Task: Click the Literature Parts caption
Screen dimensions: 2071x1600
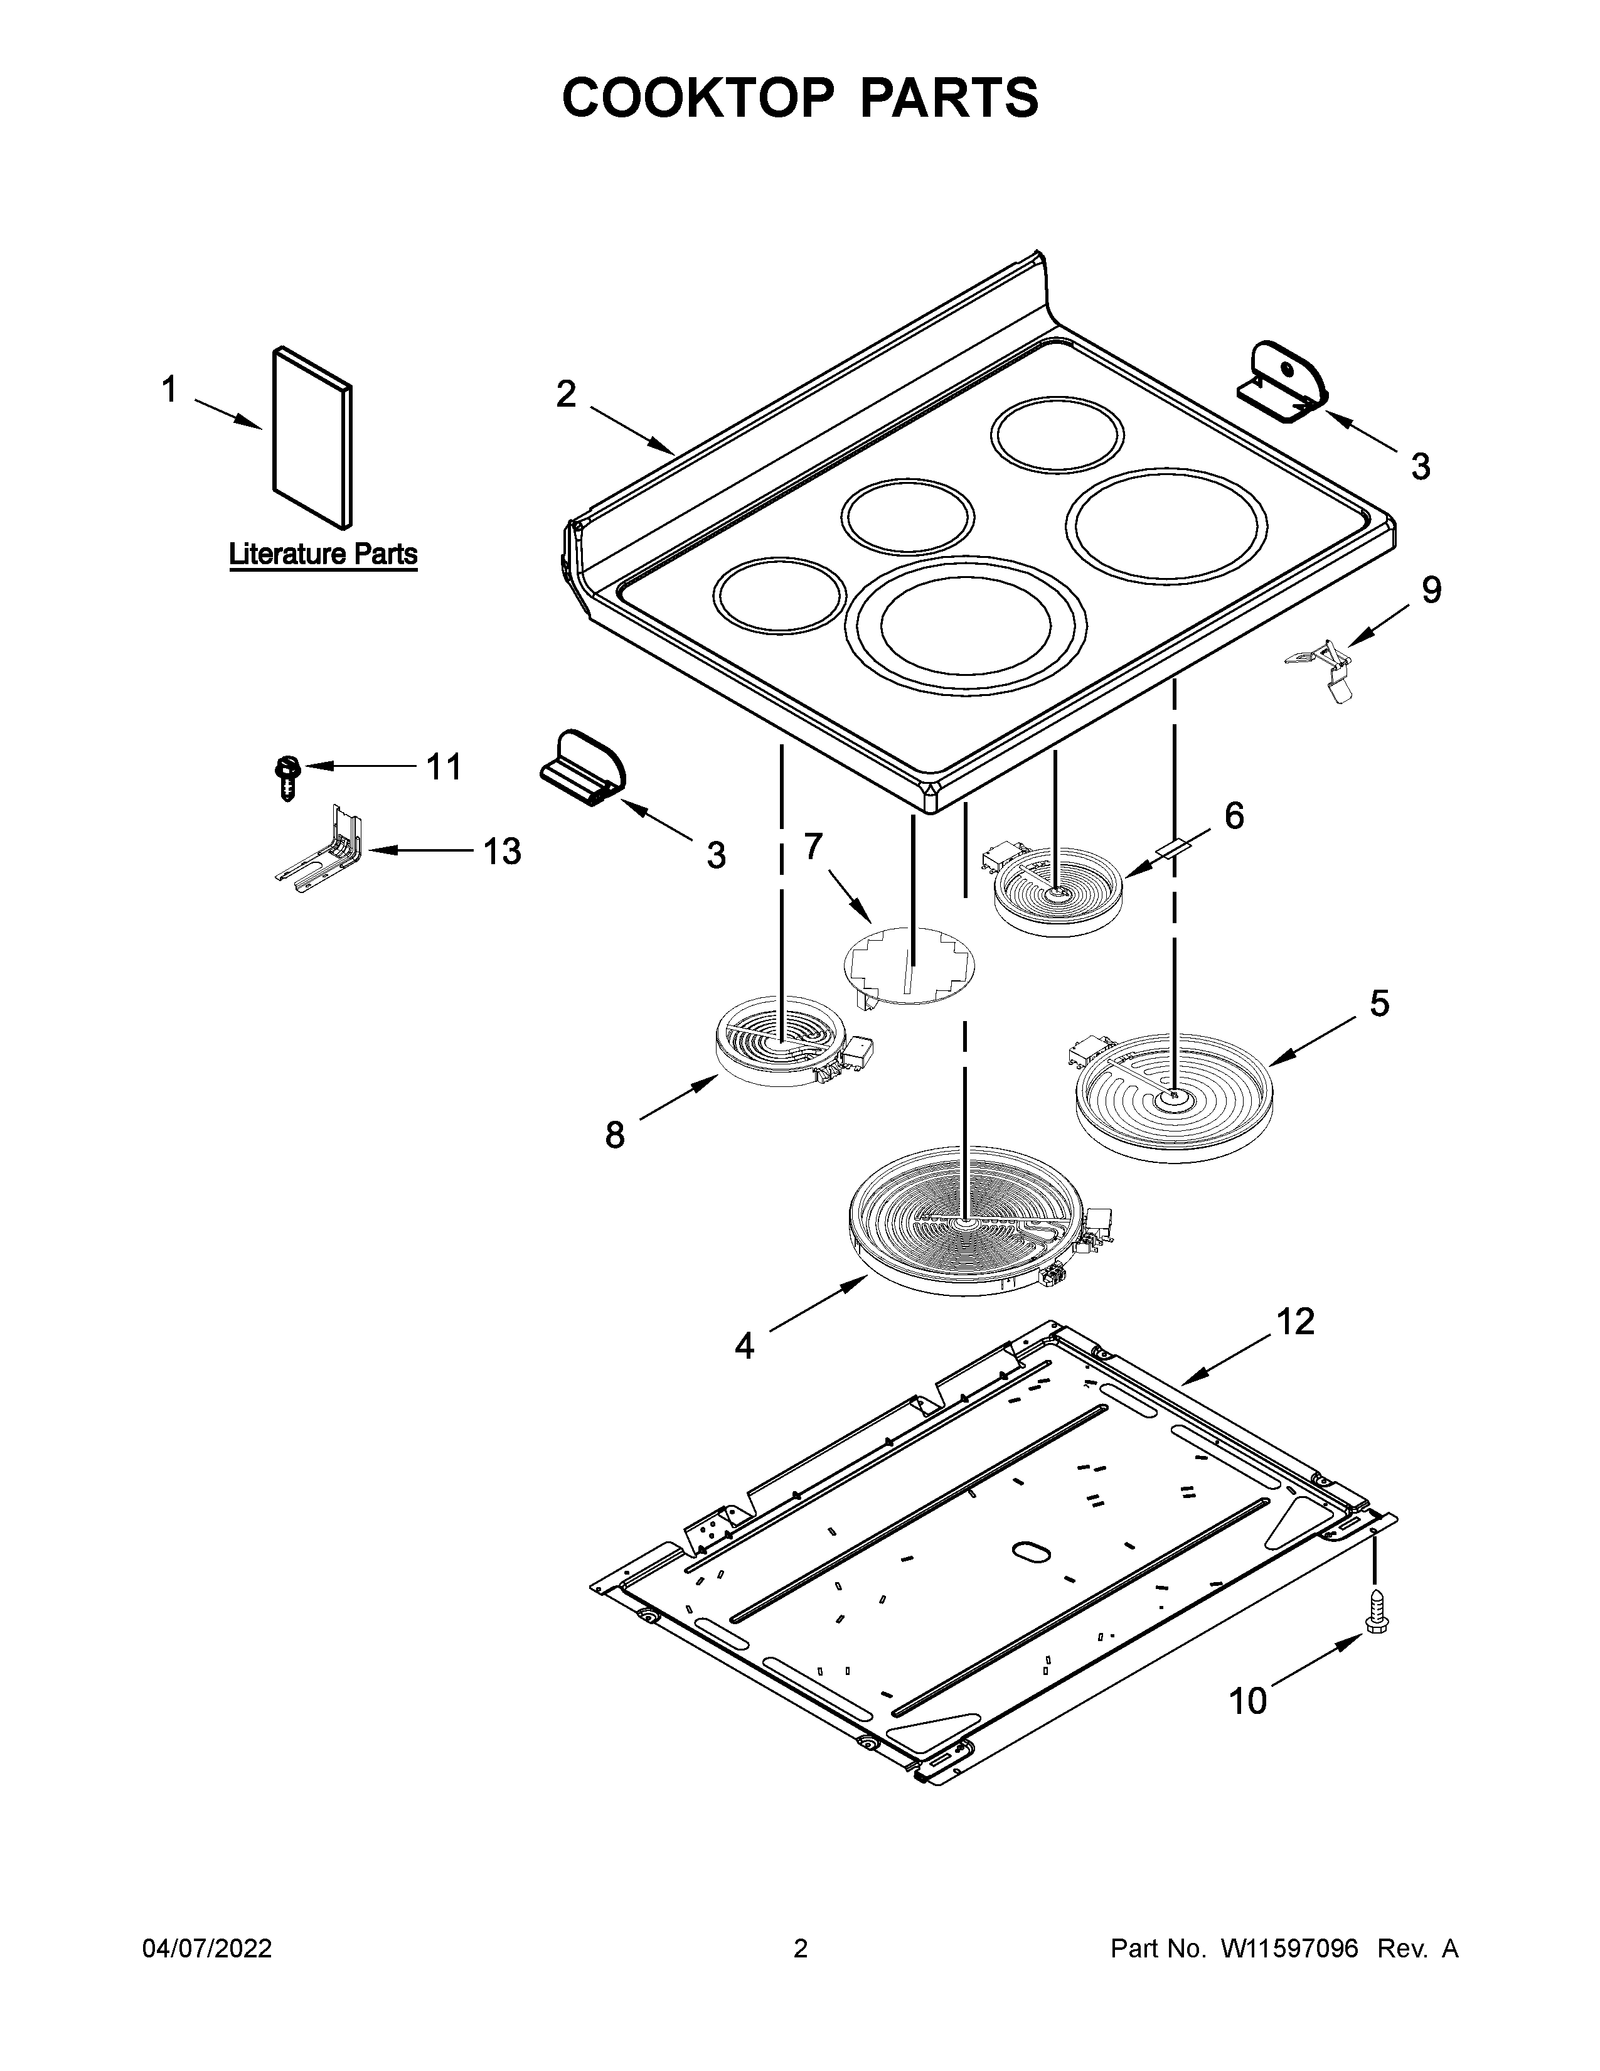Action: [x=323, y=554]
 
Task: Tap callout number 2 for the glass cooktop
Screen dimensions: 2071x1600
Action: [x=566, y=393]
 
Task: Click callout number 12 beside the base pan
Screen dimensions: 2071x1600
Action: [x=1295, y=1321]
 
